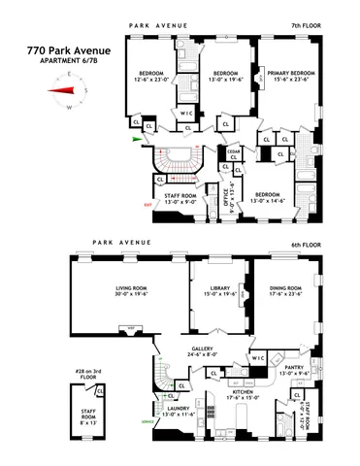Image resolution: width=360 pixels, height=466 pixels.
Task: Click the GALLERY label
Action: pos(202,349)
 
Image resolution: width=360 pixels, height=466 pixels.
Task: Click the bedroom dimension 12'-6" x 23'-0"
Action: pos(153,80)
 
